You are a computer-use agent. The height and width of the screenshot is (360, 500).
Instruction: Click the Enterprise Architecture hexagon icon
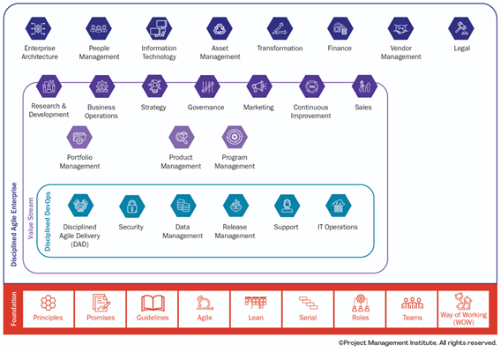[x=38, y=28]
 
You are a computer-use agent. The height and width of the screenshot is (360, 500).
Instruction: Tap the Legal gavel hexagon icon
[x=461, y=28]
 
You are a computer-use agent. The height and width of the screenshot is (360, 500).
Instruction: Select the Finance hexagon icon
[x=340, y=28]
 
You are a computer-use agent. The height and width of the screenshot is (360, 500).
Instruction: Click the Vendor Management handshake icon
[x=401, y=28]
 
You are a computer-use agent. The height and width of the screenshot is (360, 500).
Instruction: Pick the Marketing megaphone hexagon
[x=259, y=86]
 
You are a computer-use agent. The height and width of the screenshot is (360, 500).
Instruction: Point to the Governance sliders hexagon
[x=207, y=86]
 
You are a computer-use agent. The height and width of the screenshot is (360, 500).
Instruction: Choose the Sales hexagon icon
[x=364, y=86]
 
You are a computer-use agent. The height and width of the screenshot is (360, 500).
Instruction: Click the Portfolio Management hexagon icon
[x=79, y=138]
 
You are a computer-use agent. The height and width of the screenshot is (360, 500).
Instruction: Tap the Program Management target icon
[x=235, y=138]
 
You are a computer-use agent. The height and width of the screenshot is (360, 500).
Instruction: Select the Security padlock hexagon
[x=132, y=206]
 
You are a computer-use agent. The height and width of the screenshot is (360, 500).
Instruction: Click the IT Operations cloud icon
[x=339, y=206]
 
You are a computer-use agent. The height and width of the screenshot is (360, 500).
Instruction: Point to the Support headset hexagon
[x=287, y=206]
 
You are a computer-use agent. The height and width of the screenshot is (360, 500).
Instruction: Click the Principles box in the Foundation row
[x=49, y=309]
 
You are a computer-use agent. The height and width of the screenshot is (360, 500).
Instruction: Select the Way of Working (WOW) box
[x=464, y=309]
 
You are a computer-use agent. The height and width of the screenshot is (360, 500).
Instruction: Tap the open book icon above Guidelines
[x=153, y=304]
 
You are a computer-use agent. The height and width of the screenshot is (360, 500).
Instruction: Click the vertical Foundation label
[x=14, y=309]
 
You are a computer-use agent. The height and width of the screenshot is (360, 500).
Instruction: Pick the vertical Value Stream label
[x=31, y=218]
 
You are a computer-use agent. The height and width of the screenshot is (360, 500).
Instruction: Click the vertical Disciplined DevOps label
[x=48, y=221]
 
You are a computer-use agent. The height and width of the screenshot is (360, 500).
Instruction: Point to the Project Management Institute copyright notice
[x=417, y=342]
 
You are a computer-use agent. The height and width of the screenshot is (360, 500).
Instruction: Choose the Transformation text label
[x=280, y=49]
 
